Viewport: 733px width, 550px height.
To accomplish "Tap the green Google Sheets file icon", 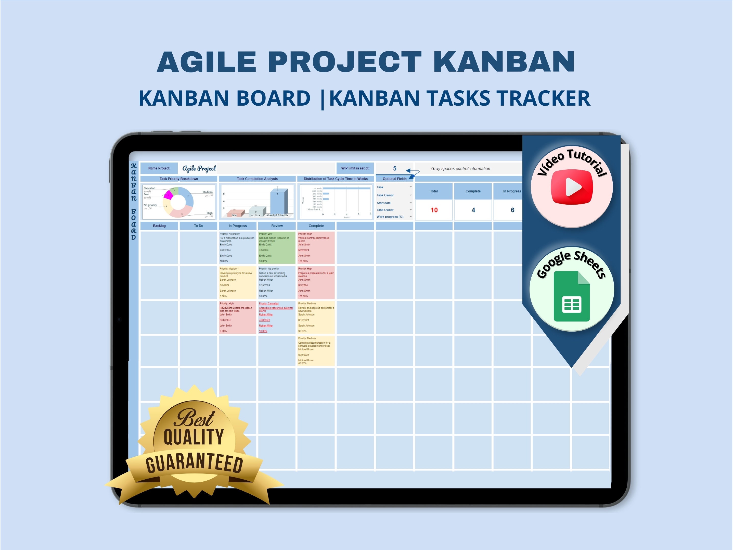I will click(x=572, y=296).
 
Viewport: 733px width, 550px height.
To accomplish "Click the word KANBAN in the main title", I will click(x=504, y=62).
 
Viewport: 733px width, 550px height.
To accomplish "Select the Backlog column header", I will click(x=159, y=226).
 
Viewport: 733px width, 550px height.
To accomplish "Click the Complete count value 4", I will click(x=473, y=210).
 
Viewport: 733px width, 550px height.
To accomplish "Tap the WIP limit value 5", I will click(x=394, y=168).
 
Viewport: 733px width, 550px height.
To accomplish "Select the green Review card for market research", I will click(x=277, y=248).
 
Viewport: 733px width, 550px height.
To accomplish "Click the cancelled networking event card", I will click(x=277, y=317).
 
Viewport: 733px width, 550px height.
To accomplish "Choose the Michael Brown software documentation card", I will click(x=316, y=351).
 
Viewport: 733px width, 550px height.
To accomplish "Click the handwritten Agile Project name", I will click(x=199, y=168).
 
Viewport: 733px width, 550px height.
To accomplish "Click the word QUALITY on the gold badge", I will click(x=194, y=437).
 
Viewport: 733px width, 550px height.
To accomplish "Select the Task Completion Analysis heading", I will click(x=257, y=179).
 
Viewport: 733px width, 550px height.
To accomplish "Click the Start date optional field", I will click(x=384, y=203).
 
